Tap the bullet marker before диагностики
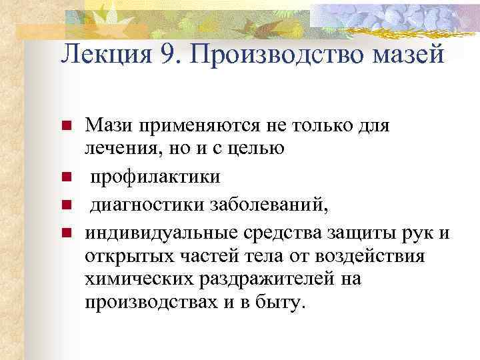point(67,205)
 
